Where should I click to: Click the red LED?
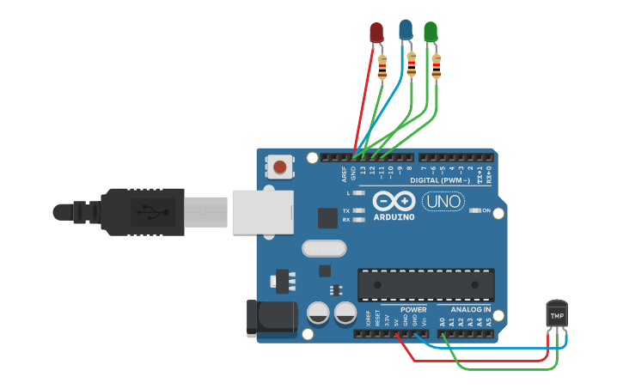point(376,33)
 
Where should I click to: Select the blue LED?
point(406,31)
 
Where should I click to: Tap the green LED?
point(431,32)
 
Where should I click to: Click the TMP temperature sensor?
point(558,315)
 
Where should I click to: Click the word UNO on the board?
point(443,202)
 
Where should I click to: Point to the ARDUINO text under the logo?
point(394,217)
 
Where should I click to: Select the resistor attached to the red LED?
point(382,63)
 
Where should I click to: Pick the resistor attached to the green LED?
point(437,65)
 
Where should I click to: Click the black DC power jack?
point(270,317)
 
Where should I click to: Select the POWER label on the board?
point(413,309)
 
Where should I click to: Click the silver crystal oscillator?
point(324,249)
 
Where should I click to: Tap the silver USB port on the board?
point(262,210)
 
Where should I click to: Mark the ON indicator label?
point(486,210)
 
